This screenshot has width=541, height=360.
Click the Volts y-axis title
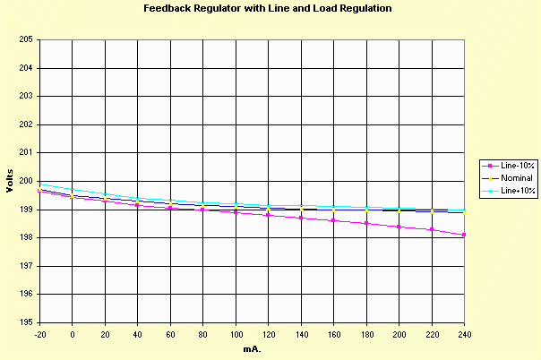tap(10, 181)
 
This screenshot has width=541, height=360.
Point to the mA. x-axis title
tap(252, 347)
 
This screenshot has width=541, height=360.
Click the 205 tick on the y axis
tap(25, 40)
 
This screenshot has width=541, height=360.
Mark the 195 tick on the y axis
tap(25, 322)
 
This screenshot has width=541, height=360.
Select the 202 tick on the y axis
tap(25, 124)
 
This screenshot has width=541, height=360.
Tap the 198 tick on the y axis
tap(25, 237)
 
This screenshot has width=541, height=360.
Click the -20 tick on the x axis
tap(39, 333)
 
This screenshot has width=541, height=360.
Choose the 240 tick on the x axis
tap(464, 333)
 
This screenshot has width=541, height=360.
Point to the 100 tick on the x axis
tap(236, 333)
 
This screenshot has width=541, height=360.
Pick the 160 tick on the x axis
tap(333, 333)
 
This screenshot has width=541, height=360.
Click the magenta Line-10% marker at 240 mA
tap(464, 235)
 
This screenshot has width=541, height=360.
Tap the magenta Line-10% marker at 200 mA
tap(399, 227)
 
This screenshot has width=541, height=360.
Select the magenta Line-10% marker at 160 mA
tap(333, 220)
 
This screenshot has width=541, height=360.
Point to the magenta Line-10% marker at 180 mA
tap(366, 223)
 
